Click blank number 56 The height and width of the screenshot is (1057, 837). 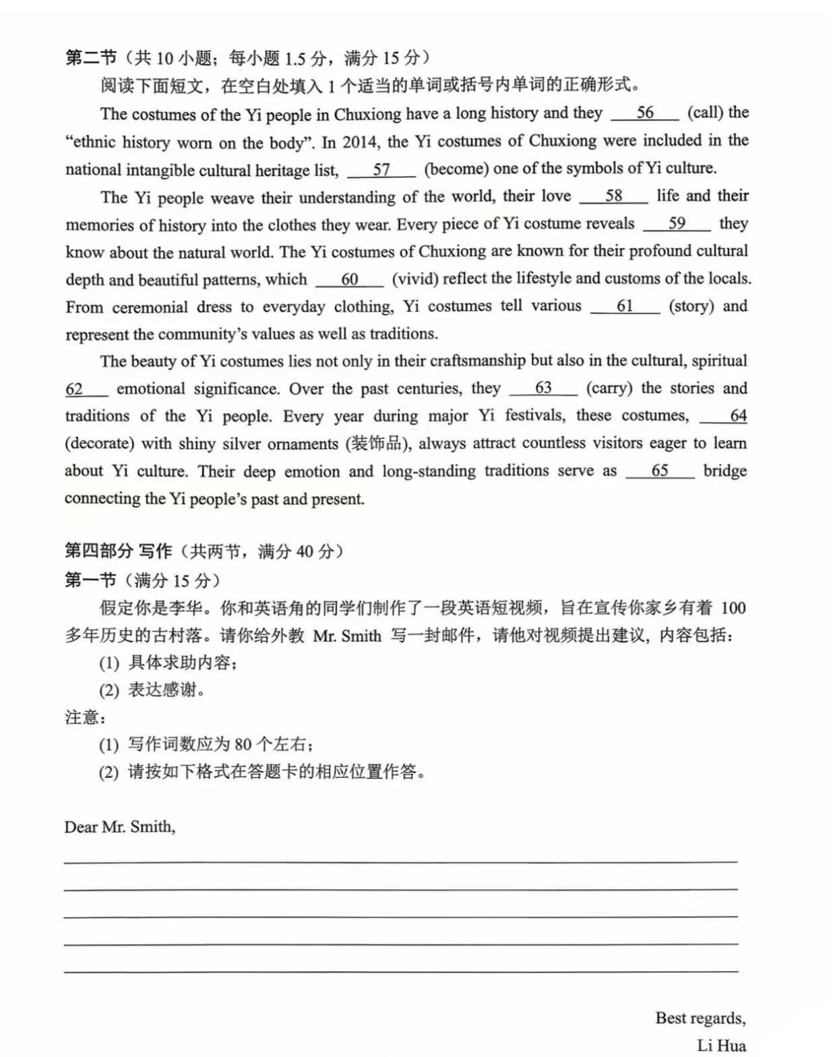click(645, 113)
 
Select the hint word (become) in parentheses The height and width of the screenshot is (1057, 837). click(456, 169)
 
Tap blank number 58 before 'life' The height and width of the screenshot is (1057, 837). click(613, 196)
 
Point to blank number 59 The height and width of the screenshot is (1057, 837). click(677, 224)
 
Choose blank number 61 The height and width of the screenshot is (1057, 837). click(625, 307)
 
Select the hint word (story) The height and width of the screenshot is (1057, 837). click(691, 307)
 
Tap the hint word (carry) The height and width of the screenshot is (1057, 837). click(609, 389)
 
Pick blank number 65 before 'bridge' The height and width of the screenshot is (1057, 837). click(660, 471)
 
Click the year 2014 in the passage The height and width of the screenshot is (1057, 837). click(359, 142)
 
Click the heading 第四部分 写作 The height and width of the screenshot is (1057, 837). click(119, 551)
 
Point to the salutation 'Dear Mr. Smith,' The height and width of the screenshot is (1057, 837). click(120, 827)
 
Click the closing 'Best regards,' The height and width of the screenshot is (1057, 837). click(700, 1018)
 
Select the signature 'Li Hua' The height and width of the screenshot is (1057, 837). click(721, 1046)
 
